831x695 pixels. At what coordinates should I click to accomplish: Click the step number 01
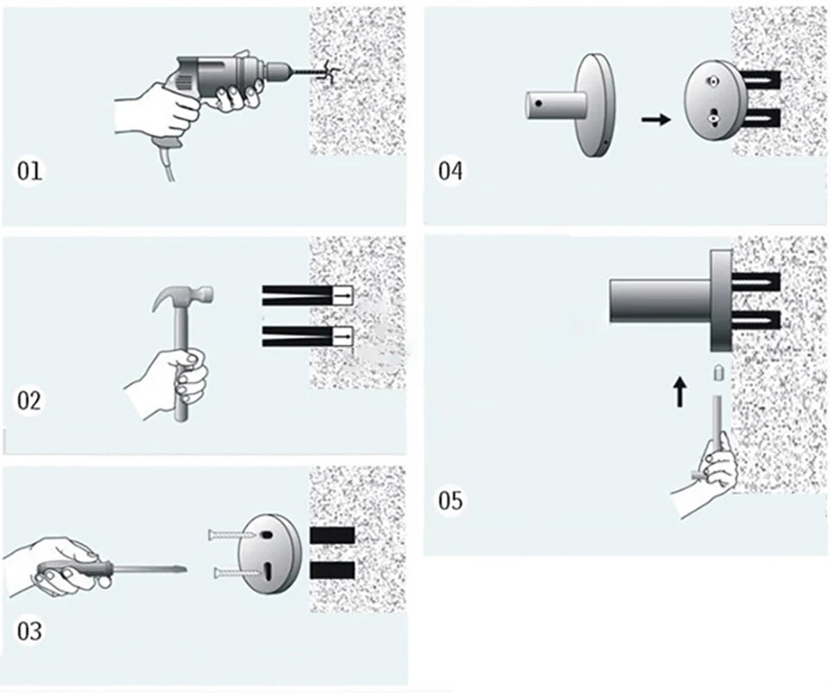pos(29,171)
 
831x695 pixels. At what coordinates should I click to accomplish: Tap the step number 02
pos(29,401)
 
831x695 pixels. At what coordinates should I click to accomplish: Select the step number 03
pos(29,630)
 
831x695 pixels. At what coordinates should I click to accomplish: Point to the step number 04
pos(450,171)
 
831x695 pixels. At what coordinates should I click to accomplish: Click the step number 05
pos(450,500)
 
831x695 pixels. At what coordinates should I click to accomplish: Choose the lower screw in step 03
pos(229,572)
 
